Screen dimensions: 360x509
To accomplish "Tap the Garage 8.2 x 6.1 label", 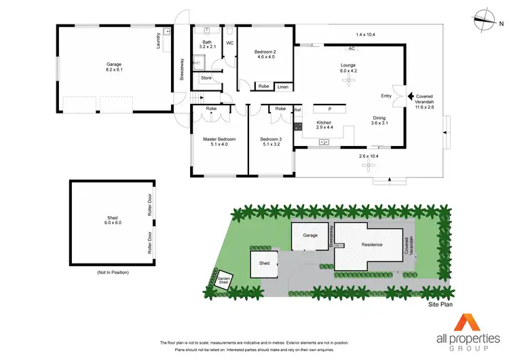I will coord(114,67).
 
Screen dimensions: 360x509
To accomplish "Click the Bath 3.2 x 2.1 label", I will coord(207,44).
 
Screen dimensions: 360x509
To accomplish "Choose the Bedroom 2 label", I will coord(265,55).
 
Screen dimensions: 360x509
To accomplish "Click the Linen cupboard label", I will coord(282,87).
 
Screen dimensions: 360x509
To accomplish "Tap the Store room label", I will coord(206,78).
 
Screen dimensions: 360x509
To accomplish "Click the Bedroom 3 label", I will coord(271,142).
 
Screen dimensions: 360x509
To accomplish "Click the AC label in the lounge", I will coord(352,49).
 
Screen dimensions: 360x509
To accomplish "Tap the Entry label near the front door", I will coord(386,96).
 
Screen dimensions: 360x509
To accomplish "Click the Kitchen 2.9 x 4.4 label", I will coord(325,125).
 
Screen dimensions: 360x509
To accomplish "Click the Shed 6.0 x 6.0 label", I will coord(112,220).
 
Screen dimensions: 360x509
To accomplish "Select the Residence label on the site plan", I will coord(371,245).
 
